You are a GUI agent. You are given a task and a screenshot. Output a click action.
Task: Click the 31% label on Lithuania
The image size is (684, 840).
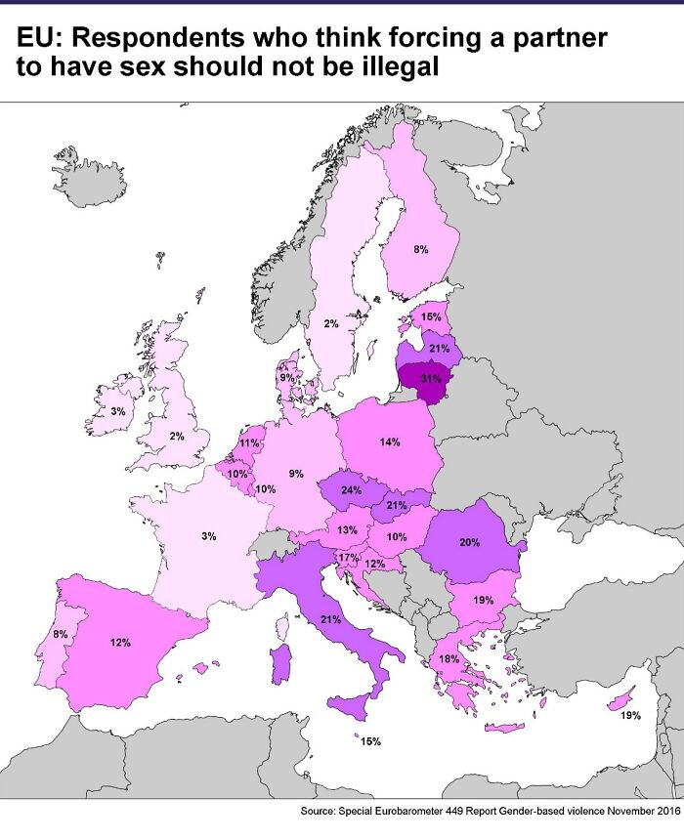click(x=430, y=378)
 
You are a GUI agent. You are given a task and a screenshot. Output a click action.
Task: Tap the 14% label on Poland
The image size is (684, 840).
click(x=390, y=442)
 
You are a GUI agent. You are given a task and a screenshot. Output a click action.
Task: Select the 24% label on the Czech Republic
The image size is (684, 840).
click(x=351, y=491)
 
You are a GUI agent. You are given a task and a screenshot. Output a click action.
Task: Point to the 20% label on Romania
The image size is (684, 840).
click(x=469, y=542)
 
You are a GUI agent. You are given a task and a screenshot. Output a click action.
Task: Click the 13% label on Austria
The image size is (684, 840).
click(x=347, y=530)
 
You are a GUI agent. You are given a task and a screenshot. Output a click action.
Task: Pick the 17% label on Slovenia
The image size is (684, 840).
click(x=346, y=558)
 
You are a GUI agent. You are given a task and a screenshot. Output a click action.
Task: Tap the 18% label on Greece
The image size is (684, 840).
click(x=449, y=659)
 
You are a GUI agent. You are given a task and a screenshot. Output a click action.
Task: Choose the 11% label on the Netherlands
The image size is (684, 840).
click(x=249, y=443)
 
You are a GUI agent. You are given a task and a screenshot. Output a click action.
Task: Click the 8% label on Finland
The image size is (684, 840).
click(x=420, y=250)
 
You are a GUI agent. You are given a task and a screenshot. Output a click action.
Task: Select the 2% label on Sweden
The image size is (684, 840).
click(x=331, y=323)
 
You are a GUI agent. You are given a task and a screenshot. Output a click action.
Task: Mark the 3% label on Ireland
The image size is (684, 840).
click(x=117, y=412)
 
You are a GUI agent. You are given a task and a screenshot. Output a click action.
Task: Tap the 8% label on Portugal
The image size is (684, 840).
click(x=61, y=635)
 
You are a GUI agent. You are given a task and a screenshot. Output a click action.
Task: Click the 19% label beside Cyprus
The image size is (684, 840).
click(x=630, y=716)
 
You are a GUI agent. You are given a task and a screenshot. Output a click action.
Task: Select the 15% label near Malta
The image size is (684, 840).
click(x=370, y=742)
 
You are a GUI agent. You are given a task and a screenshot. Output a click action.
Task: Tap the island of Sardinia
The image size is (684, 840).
click(x=282, y=664)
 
